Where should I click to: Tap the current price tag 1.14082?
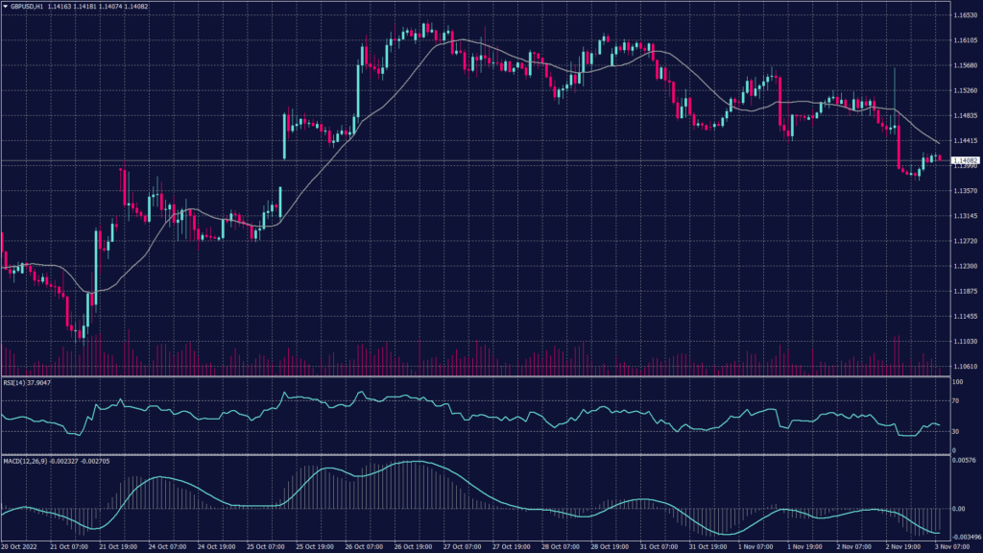coord(964,160)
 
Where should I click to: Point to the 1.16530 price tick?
coord(964,16)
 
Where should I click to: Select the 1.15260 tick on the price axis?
coord(964,91)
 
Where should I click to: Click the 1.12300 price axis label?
coord(964,266)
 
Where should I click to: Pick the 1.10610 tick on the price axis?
coord(964,366)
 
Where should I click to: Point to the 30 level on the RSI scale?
coord(955,431)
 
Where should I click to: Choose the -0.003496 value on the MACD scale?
coord(964,536)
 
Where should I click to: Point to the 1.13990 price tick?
coord(964,166)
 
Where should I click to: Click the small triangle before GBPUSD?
coord(5,6)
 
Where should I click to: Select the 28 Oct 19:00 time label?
coord(609,547)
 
